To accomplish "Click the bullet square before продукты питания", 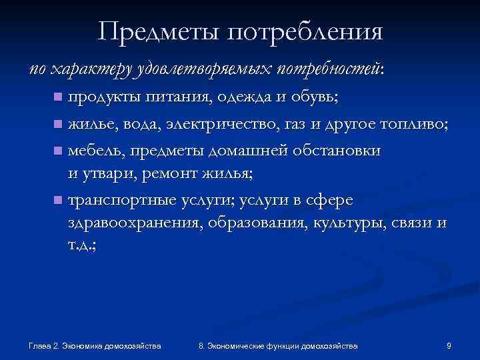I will coord(59,97).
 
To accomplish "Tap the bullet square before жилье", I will coord(59,123).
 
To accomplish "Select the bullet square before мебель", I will coord(59,150).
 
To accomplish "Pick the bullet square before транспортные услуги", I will coord(59,200).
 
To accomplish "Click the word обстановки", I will coord(337,149).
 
